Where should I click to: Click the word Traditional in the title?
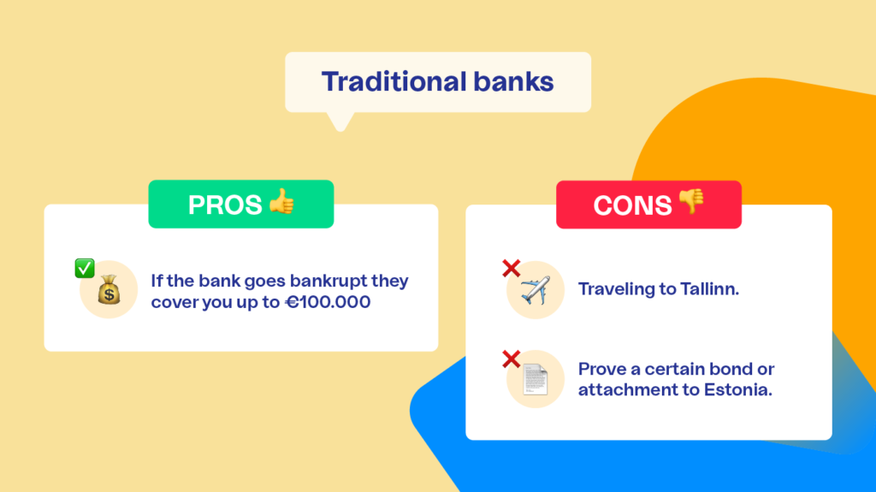pyautogui.click(x=394, y=81)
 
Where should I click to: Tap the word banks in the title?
pyautogui.click(x=514, y=81)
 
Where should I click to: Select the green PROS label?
pyautogui.click(x=240, y=204)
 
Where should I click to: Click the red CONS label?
pyautogui.click(x=648, y=205)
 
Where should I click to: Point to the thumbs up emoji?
pyautogui.click(x=281, y=201)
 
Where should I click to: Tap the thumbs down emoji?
pyautogui.click(x=691, y=201)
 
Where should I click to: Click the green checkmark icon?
pyautogui.click(x=85, y=269)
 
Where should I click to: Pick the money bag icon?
pyautogui.click(x=109, y=289)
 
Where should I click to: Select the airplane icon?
pyautogui.click(x=536, y=290)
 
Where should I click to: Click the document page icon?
pyautogui.click(x=536, y=379)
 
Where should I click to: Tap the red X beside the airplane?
pyautogui.click(x=512, y=269)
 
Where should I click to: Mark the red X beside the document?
pyautogui.click(x=512, y=359)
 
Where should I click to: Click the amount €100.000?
pyautogui.click(x=328, y=302)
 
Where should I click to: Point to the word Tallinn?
pyautogui.click(x=709, y=289)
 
